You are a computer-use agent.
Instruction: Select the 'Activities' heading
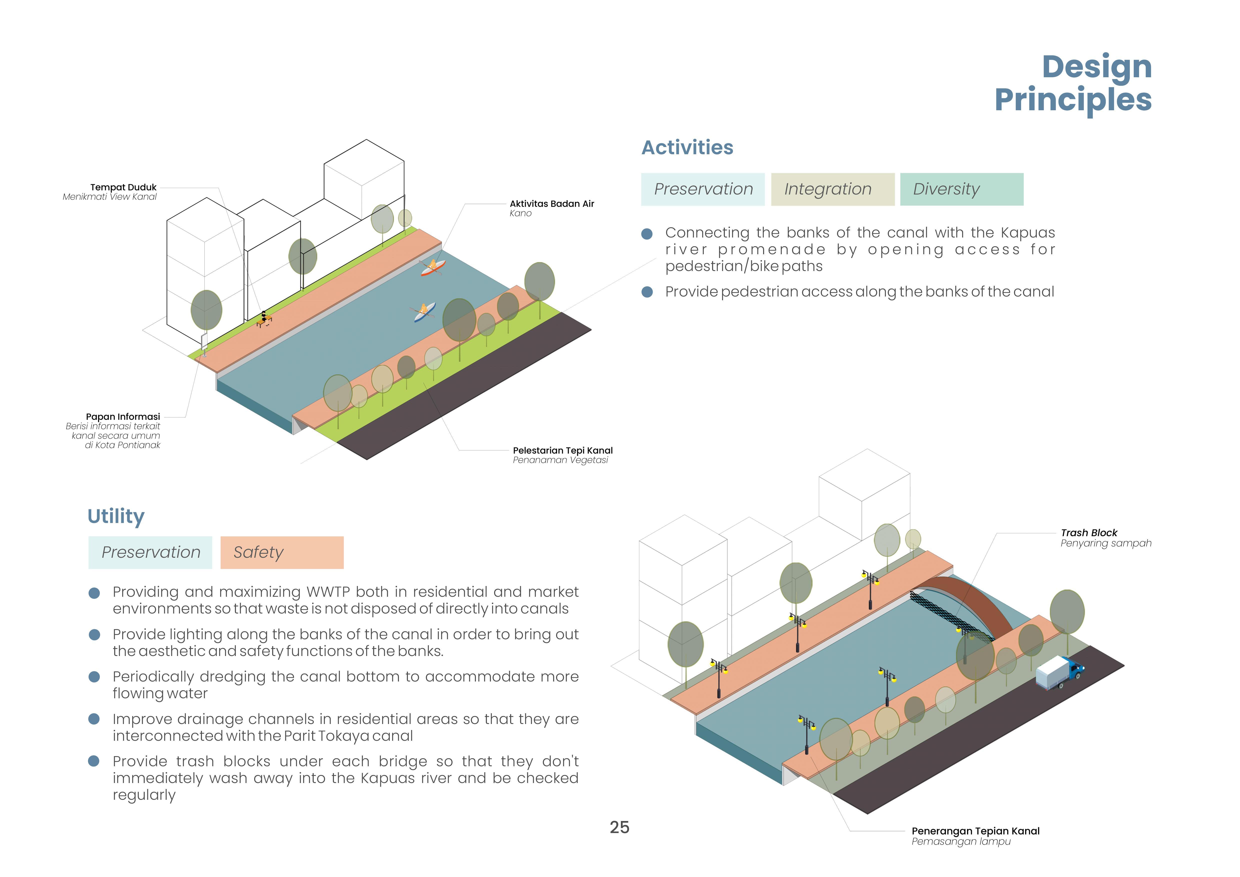click(687, 147)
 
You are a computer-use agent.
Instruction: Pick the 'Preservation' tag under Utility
click(151, 552)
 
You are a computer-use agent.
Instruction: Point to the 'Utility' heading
click(116, 516)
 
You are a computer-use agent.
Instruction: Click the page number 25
click(619, 827)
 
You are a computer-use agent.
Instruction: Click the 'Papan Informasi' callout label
click(123, 416)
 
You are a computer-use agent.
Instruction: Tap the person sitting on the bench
click(263, 318)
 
